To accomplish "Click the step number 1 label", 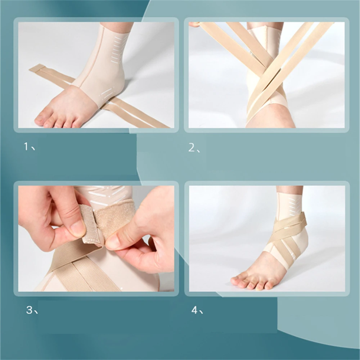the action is (30, 146).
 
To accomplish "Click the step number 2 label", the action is (194, 148).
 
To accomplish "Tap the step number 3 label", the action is (32, 310).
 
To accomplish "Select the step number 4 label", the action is (197, 310).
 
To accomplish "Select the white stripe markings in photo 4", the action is (292, 205).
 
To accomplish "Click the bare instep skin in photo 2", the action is (271, 117).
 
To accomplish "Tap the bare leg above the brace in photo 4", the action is (290, 190).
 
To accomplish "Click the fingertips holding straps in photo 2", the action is (194, 24).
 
